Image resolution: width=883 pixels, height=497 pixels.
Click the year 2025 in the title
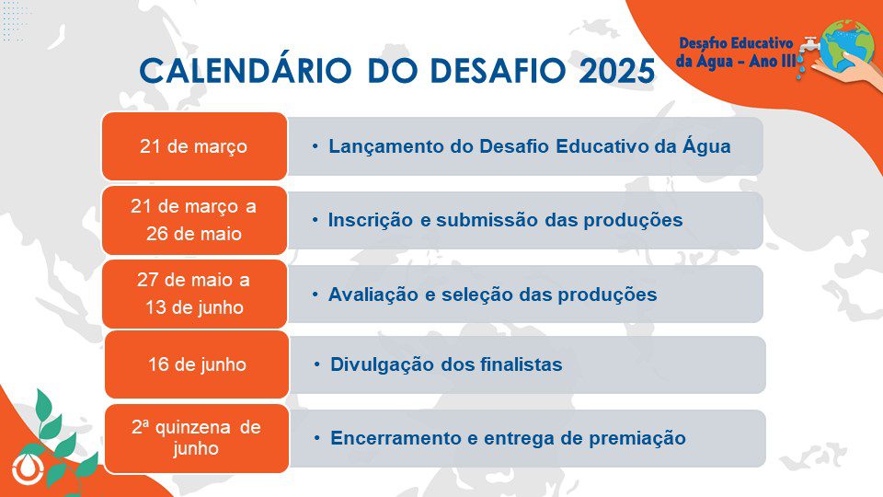[x=616, y=71]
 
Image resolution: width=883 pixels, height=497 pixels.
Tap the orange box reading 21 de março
[x=194, y=146]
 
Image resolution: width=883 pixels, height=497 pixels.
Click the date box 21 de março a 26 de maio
[x=194, y=220]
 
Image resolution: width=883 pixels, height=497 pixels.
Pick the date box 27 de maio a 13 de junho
[x=194, y=295]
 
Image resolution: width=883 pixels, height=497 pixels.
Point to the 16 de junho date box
[x=197, y=364]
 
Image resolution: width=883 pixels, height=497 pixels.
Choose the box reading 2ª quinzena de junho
[x=197, y=438]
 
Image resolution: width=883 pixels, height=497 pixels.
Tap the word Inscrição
[x=371, y=220]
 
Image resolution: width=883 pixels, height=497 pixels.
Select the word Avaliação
[x=373, y=295]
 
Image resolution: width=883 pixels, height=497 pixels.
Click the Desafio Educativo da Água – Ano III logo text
[x=735, y=52]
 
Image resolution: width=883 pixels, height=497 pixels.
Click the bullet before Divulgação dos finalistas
[x=317, y=364]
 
